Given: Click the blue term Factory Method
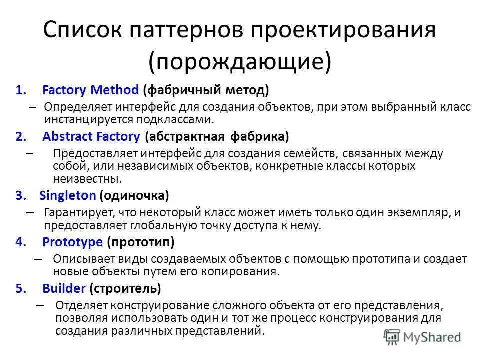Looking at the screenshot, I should [90, 90].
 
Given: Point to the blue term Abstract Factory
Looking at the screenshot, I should [91, 136].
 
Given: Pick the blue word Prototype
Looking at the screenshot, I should [73, 242].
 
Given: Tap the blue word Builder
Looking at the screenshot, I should [64, 288].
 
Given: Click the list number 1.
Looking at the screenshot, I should [19, 91].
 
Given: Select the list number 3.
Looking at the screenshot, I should [19, 196].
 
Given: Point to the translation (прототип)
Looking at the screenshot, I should [141, 242].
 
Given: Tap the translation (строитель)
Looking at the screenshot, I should [125, 288].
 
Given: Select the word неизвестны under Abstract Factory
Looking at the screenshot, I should [86, 178].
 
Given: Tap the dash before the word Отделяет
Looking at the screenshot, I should [40, 305].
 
